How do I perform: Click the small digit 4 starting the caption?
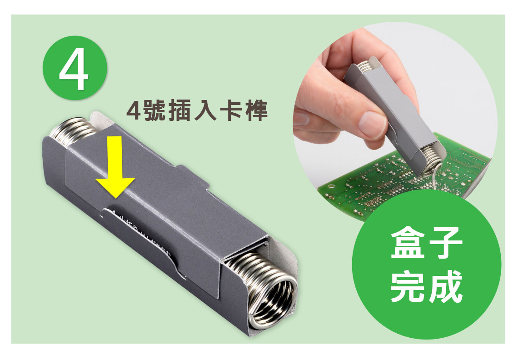133,111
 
